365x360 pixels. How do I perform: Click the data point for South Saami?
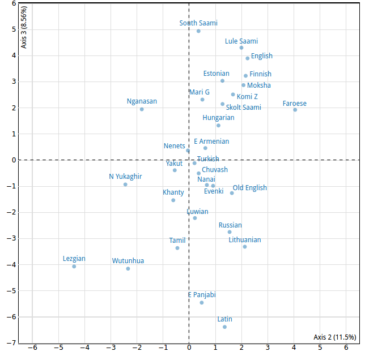[198, 31]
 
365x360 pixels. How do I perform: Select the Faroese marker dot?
[295, 110]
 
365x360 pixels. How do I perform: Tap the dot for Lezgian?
[74, 267]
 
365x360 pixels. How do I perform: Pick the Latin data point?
[224, 327]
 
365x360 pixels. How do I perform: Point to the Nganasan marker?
[142, 109]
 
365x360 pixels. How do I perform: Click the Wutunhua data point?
[128, 269]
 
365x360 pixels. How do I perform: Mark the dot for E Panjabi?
[201, 303]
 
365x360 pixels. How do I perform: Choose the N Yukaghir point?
[125, 185]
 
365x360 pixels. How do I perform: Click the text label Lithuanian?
[245, 240]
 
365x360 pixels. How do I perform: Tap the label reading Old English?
[249, 188]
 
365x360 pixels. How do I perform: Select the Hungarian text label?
[218, 118]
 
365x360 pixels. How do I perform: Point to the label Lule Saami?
[241, 41]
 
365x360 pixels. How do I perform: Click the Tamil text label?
[177, 241]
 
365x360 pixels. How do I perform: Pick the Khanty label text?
[173, 192]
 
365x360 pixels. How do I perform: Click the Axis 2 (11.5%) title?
[334, 337]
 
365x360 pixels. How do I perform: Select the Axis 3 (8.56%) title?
[24, 28]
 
